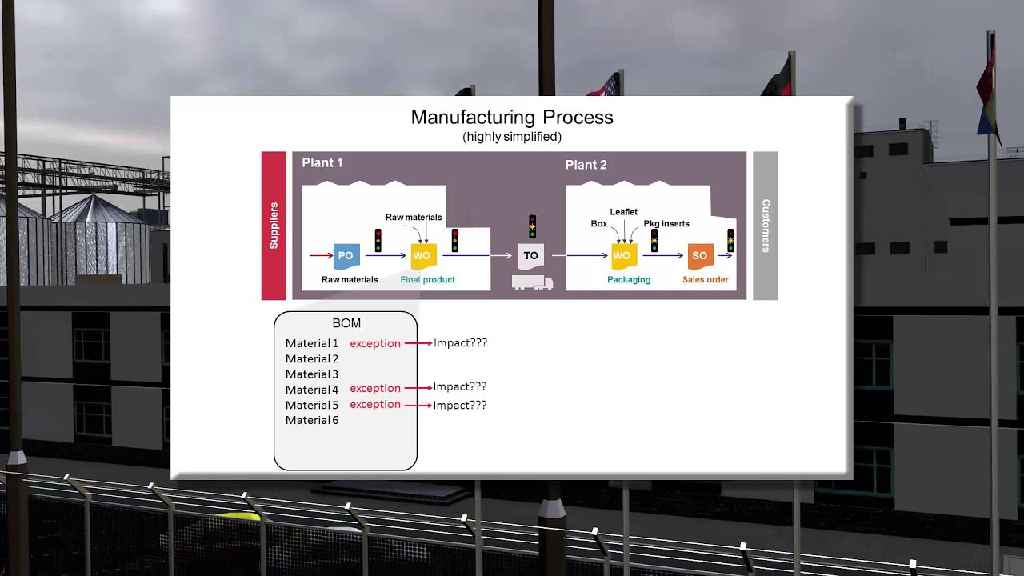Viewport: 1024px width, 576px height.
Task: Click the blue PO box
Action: coord(346,256)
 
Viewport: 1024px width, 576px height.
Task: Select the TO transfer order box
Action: coord(530,256)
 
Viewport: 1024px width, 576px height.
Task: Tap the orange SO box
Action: coord(699,256)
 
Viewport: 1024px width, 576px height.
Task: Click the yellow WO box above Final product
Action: coord(422,256)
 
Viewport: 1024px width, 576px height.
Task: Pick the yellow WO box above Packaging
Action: coord(622,256)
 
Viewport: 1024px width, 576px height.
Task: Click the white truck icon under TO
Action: coord(532,282)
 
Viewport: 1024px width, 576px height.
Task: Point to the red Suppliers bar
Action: coord(274,226)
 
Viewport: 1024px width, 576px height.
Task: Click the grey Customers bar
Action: coord(765,226)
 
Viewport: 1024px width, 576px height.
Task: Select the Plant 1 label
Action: coord(322,163)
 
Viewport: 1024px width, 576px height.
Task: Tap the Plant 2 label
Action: coord(586,165)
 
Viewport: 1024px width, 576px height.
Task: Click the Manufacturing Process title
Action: coord(512,118)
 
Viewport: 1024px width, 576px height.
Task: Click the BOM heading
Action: coord(346,323)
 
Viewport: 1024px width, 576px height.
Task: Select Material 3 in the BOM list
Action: coord(312,374)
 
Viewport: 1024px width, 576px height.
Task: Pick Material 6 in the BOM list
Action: coord(312,421)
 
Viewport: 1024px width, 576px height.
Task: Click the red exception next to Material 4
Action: coord(375,389)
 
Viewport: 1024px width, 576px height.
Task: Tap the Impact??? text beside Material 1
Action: coord(460,343)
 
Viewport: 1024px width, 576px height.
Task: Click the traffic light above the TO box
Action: coord(532,226)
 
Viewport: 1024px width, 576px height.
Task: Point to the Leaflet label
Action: coord(624,212)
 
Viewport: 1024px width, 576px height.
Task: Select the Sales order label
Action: coord(705,280)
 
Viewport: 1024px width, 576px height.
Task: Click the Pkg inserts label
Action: coord(666,224)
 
